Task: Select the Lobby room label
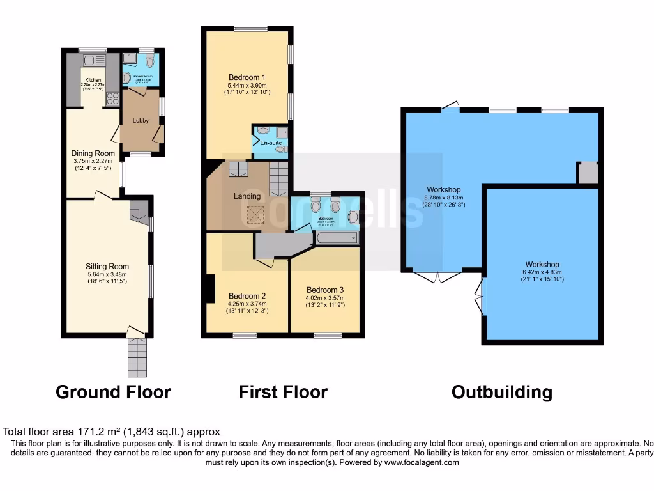pos(141,120)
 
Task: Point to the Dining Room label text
pos(93,153)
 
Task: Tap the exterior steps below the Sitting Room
pos(137,357)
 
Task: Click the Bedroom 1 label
pos(247,77)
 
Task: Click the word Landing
pos(247,196)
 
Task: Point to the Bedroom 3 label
pos(325,289)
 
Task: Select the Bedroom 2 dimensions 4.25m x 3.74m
pos(247,304)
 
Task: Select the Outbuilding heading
pos(501,392)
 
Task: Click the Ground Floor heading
pos(113,392)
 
